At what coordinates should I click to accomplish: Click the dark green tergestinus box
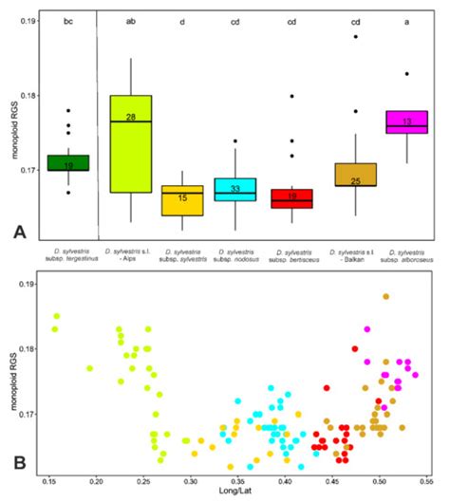click(x=68, y=162)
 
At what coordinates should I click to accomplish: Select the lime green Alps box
click(x=131, y=143)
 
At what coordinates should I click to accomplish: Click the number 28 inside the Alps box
click(x=131, y=117)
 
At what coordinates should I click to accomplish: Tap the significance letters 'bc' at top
click(x=68, y=20)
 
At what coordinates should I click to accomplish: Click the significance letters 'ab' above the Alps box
click(x=131, y=20)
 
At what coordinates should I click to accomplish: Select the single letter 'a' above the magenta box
click(x=407, y=20)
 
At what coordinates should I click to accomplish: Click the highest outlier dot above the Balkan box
click(x=353, y=36)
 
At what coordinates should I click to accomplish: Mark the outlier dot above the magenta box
click(x=407, y=73)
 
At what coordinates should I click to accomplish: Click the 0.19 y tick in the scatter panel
click(x=28, y=284)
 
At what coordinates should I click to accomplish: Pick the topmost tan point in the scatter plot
click(x=386, y=297)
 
